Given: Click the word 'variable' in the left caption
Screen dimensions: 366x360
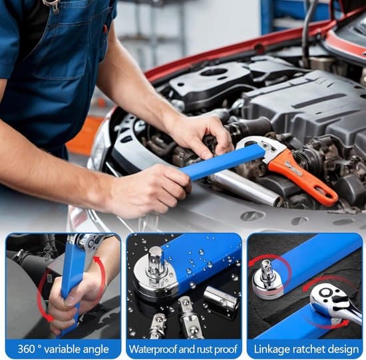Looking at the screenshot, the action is [61, 349].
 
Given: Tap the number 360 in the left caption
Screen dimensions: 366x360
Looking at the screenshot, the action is [26, 349].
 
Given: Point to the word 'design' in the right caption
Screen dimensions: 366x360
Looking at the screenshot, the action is [343, 350].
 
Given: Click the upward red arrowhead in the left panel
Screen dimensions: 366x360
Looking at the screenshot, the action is [96, 260].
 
